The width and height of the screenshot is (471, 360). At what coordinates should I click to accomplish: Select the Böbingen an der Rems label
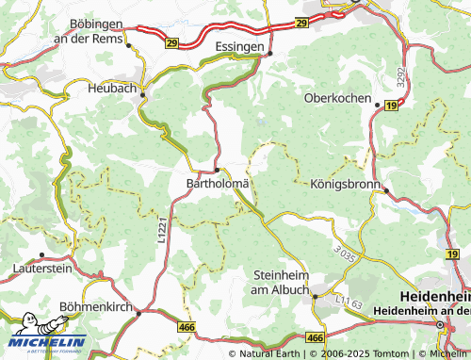[x=101, y=29]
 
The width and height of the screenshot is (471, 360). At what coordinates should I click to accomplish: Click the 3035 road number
[x=345, y=253]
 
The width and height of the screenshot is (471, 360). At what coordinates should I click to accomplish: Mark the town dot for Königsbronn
[x=386, y=190]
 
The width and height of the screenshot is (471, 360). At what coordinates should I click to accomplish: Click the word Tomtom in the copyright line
[x=368, y=354]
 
